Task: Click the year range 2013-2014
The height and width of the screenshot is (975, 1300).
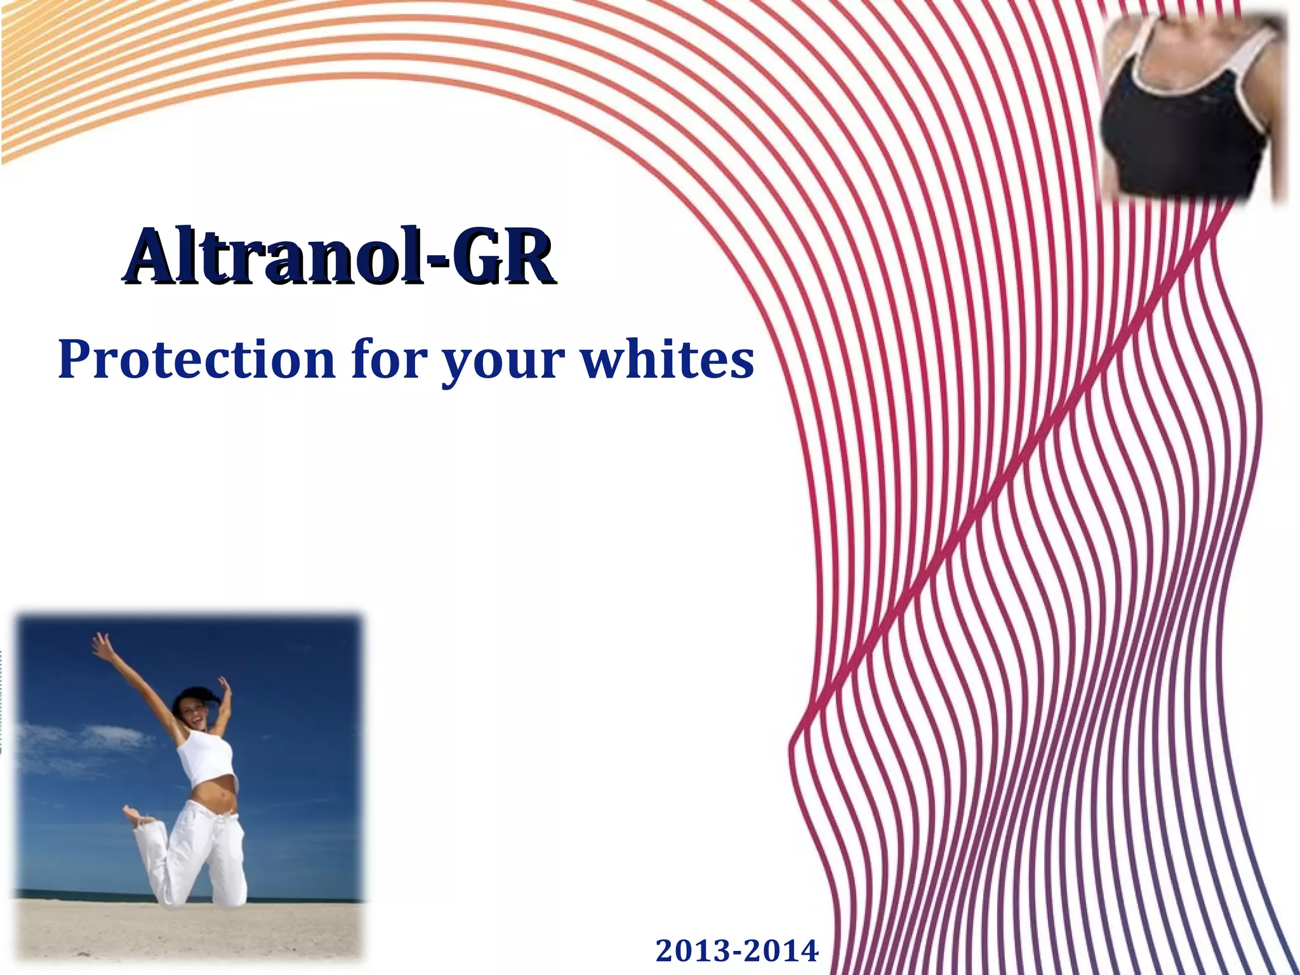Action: coord(737,951)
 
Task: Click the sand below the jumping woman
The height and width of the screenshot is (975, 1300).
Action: coord(190,933)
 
